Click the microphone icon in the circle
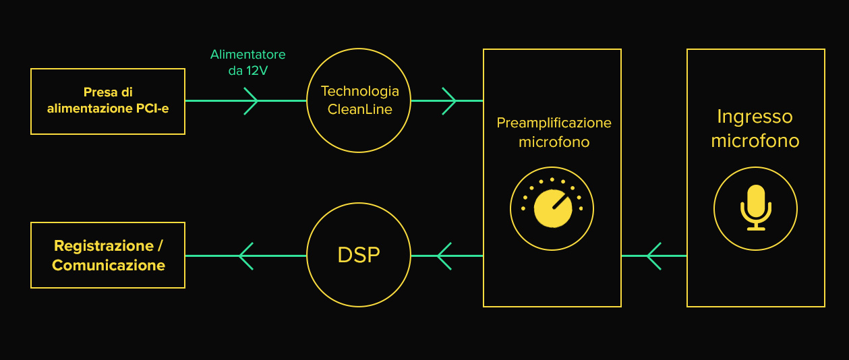(755, 208)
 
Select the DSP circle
(359, 255)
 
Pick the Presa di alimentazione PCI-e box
(108, 101)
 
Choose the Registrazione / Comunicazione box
(108, 256)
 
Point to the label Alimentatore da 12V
(247, 61)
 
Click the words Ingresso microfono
(755, 129)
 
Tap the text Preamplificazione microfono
(554, 132)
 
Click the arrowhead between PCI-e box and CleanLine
(250, 101)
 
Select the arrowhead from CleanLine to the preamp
(448, 101)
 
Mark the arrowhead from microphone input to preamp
(653, 256)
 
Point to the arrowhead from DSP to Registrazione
(246, 256)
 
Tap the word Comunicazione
(109, 266)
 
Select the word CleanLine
(359, 109)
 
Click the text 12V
(258, 69)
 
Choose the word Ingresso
(755, 117)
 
